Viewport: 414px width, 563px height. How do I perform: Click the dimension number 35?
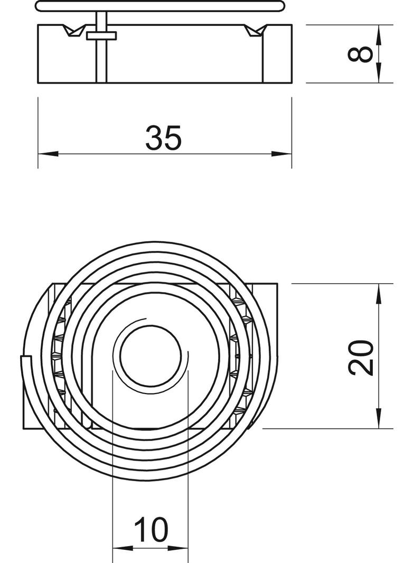163,137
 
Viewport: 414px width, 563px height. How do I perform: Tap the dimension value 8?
361,54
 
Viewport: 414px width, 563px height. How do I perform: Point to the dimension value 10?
151,529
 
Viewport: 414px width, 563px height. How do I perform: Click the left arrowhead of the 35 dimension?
48,154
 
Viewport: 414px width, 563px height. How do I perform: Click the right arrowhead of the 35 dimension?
281,154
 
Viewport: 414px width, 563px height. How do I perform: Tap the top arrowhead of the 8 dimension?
379,35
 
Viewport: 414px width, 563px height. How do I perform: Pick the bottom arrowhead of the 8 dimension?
379,72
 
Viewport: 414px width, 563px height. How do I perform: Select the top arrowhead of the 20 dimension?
379,293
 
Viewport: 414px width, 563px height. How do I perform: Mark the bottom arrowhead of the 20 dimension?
379,418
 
